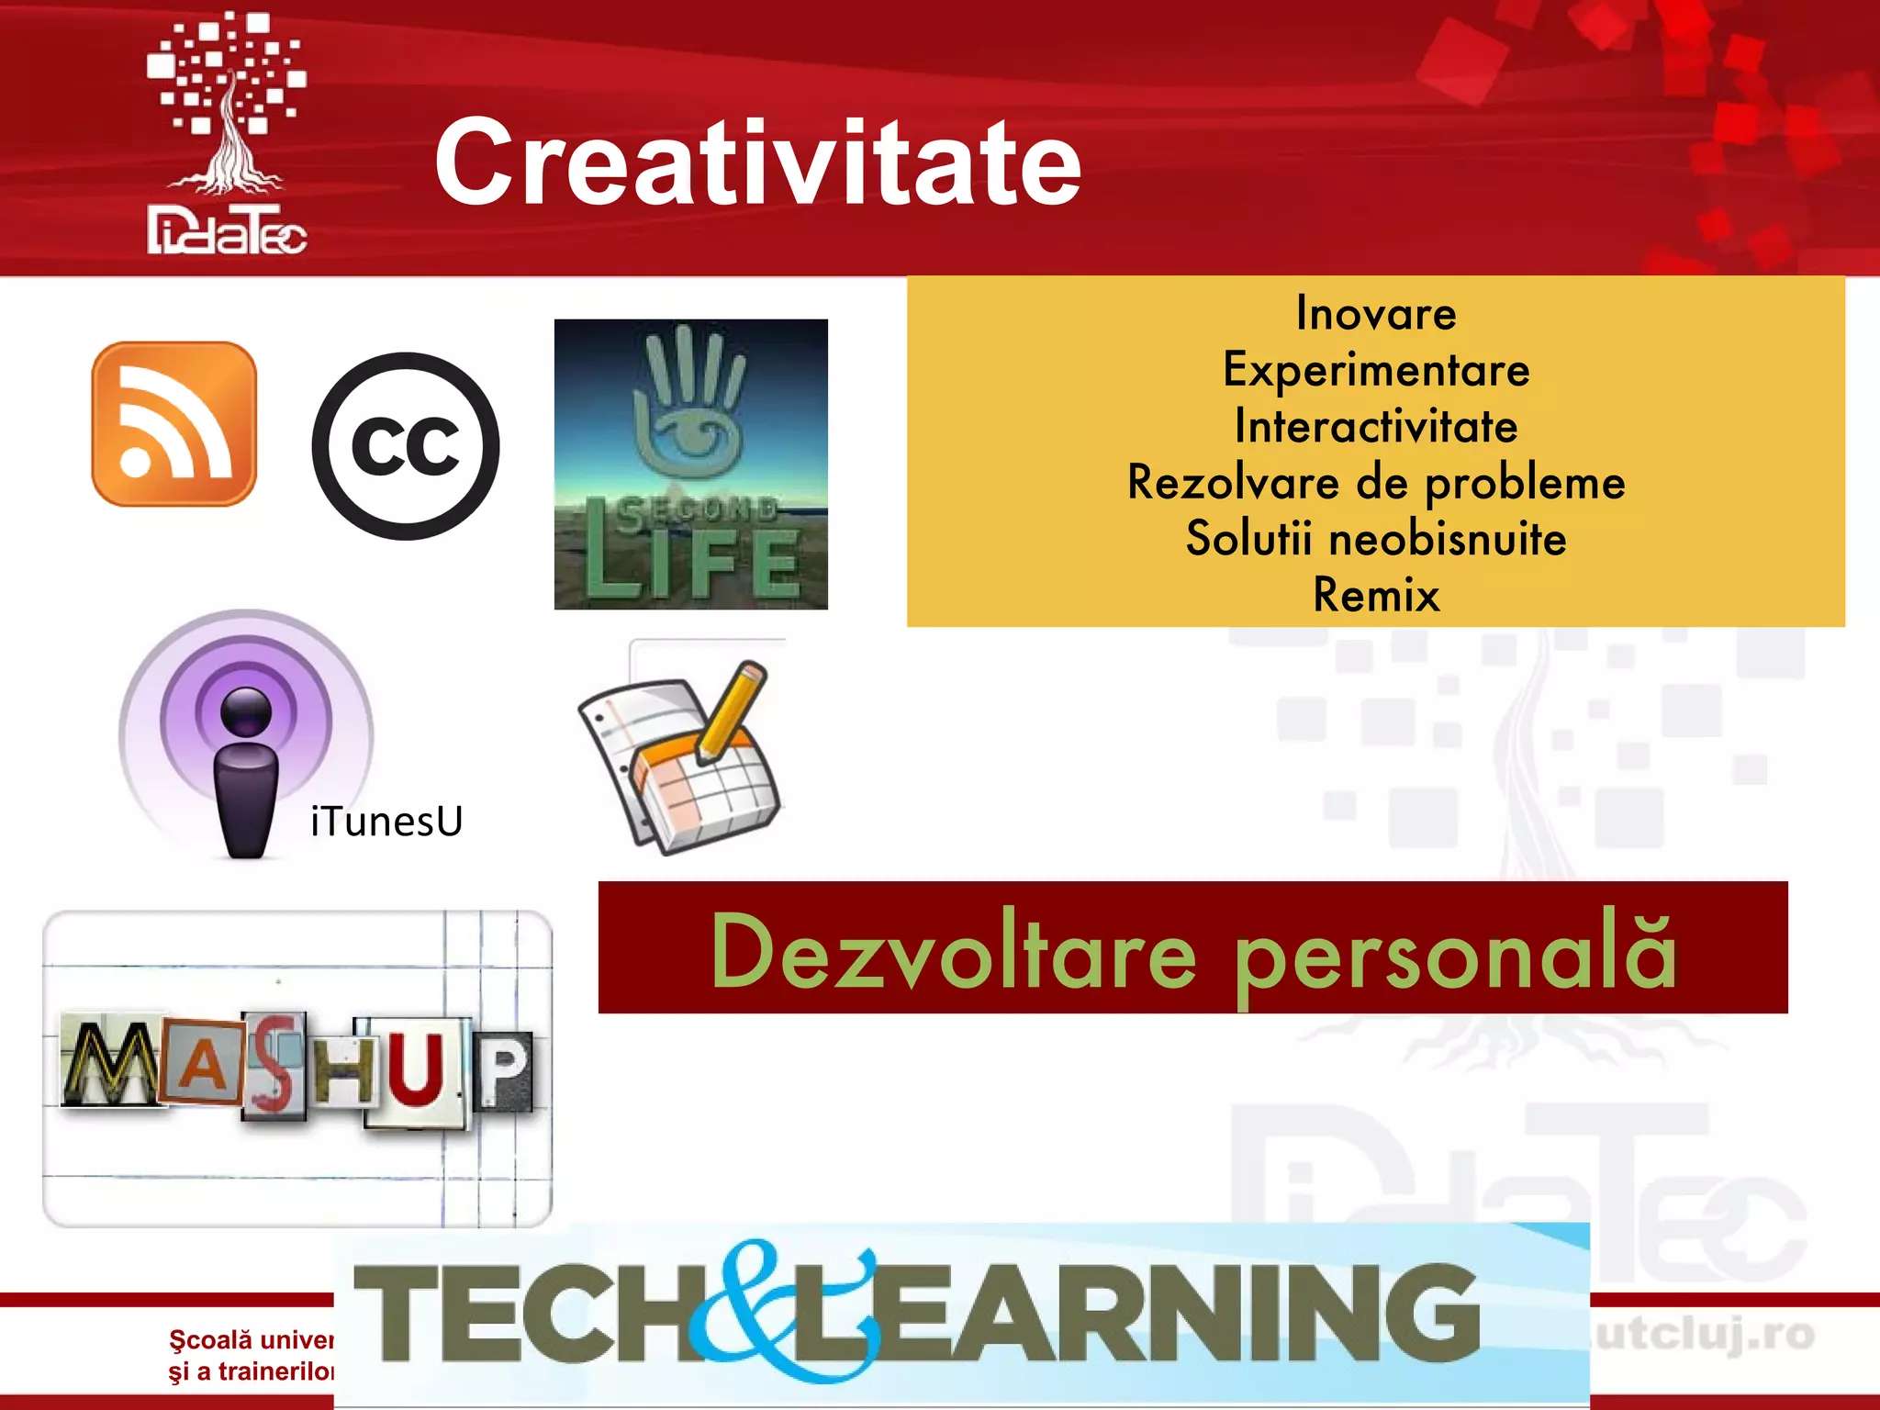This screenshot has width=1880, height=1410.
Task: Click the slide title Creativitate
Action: (757, 163)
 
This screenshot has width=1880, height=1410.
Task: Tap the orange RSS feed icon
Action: (174, 424)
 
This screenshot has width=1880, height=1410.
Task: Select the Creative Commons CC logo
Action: (406, 446)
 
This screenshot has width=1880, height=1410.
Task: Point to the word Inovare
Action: (1375, 314)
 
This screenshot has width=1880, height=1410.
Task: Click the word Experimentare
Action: (1375, 370)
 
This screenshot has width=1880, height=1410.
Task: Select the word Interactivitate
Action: (1375, 427)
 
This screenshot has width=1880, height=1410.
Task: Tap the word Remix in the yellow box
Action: (1375, 595)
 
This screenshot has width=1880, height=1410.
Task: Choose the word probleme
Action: (1524, 484)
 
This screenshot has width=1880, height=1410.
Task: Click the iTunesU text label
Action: (386, 821)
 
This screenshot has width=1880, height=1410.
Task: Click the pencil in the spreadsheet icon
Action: (734, 707)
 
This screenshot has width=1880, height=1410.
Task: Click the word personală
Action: (1455, 953)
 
